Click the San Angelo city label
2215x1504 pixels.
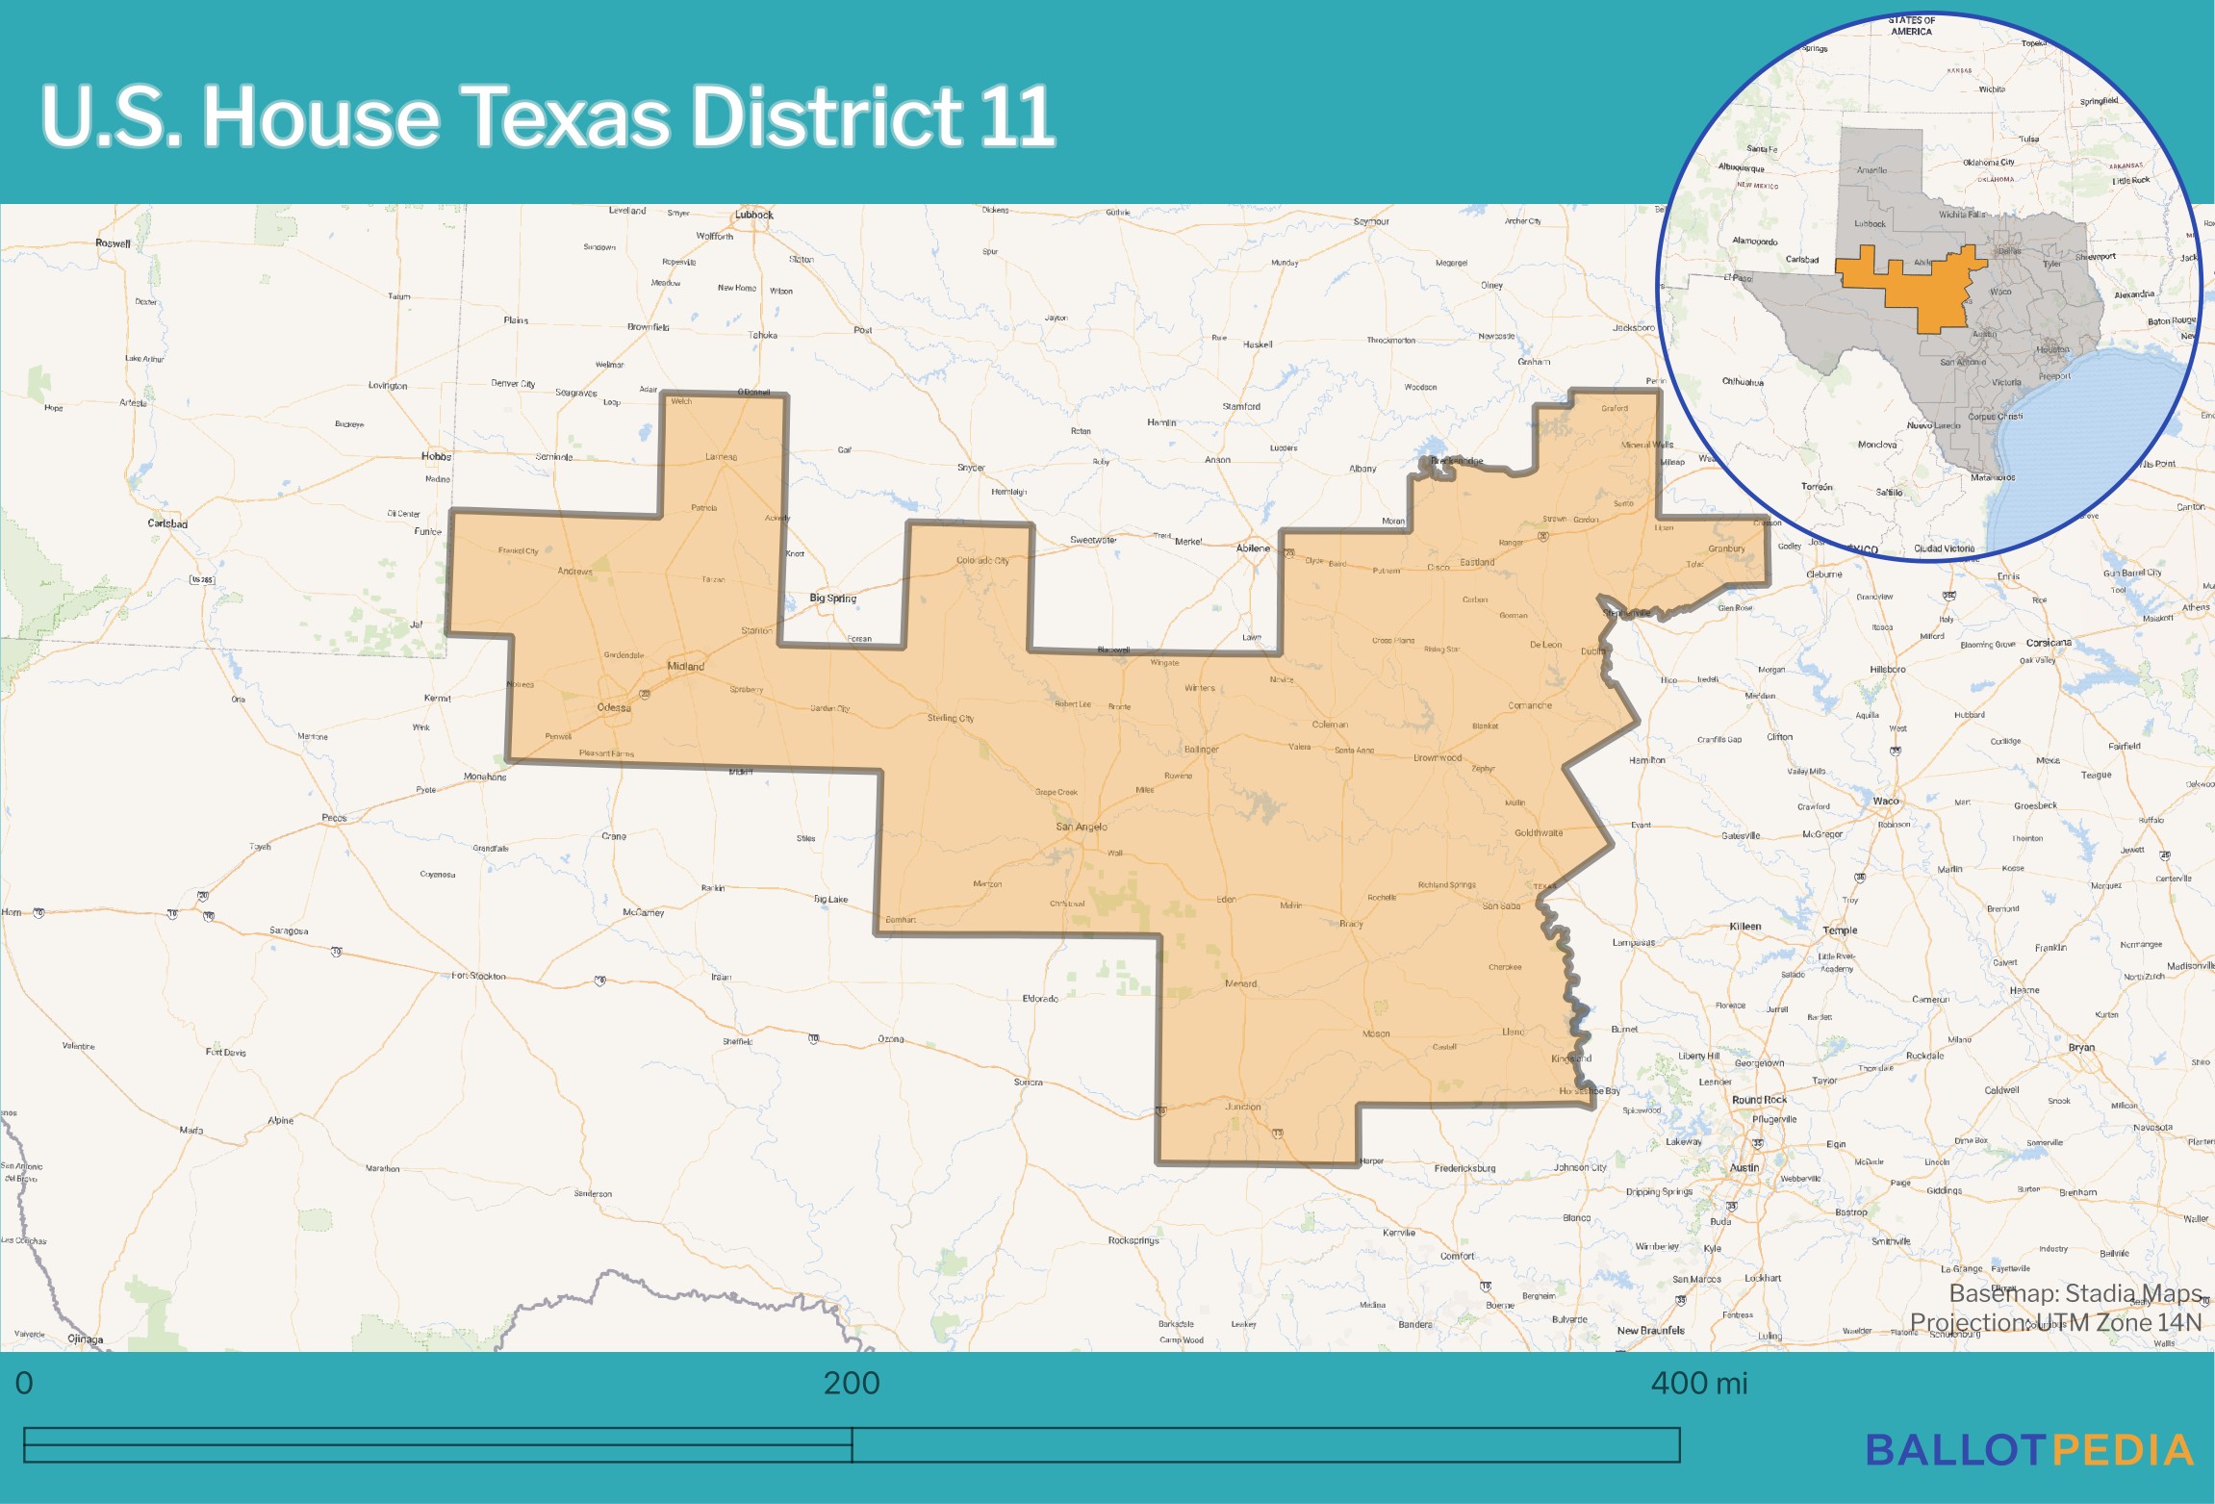[1081, 827]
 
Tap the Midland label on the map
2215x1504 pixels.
[685, 666]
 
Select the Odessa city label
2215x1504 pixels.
[614, 707]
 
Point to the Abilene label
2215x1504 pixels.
[1253, 548]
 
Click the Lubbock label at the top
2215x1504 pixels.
[753, 215]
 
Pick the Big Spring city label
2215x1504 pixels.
[832, 598]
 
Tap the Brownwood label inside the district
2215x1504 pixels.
[1437, 757]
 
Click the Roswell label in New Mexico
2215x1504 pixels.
[113, 243]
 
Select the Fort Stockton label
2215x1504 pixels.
[479, 976]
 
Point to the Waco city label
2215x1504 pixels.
[1885, 801]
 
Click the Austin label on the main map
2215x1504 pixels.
[1744, 1167]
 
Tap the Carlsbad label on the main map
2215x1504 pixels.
[167, 523]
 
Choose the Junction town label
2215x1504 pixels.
[1242, 1107]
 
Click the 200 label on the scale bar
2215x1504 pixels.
[852, 1383]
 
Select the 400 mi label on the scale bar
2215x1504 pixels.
[1698, 1383]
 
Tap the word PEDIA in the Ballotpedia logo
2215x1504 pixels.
[2123, 1450]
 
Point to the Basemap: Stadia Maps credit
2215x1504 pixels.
[2075, 1292]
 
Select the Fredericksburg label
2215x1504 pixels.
[1464, 1168]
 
